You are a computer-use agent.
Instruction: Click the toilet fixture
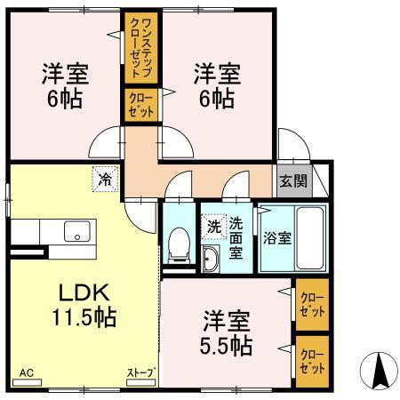click(x=180, y=243)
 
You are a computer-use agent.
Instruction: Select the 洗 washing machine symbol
click(x=213, y=226)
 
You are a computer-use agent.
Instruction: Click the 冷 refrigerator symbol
click(x=105, y=179)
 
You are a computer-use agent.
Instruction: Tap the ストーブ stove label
click(x=140, y=372)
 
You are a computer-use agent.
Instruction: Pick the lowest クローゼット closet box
click(x=312, y=361)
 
